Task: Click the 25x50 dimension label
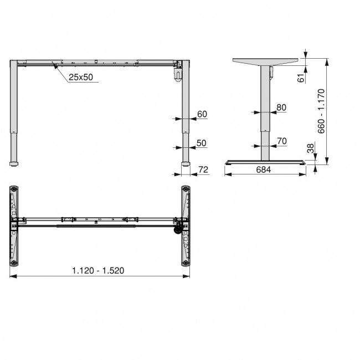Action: [x=81, y=78]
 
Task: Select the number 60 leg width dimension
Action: [x=202, y=114]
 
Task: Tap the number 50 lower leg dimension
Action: [x=201, y=143]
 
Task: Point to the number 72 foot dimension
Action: [x=203, y=169]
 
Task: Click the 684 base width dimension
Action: [x=264, y=169]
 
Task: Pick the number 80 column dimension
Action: [x=281, y=107]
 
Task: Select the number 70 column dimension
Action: [x=281, y=141]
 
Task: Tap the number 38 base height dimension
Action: [x=310, y=148]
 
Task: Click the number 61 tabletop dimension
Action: [x=301, y=78]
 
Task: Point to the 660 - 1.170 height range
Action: [x=322, y=111]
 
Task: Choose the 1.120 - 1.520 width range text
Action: [x=98, y=270]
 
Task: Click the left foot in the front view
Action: [x=14, y=163]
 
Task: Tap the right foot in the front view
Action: [x=186, y=163]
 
